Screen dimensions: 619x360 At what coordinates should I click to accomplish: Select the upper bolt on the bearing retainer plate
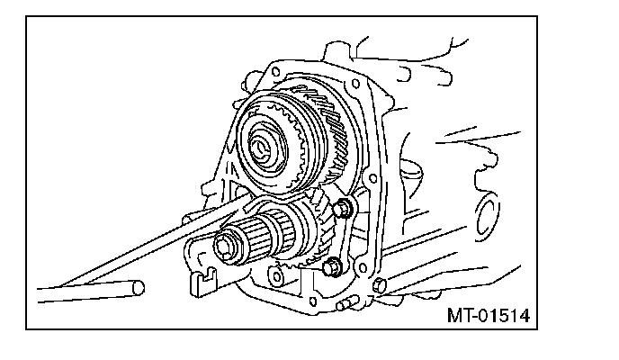pos(343,211)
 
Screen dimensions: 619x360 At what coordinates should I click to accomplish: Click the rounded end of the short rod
pos(137,287)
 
